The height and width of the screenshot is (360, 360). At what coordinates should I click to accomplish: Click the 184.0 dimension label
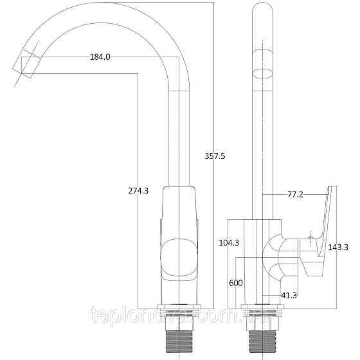click(x=100, y=57)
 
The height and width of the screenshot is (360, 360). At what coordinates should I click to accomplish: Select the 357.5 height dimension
click(x=215, y=156)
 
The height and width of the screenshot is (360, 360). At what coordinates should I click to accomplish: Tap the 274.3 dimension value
click(x=138, y=190)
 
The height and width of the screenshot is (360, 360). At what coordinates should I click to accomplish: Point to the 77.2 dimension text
click(x=295, y=194)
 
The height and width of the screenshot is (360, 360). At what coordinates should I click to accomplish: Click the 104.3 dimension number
click(x=229, y=242)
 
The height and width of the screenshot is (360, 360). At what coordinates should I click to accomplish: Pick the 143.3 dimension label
click(x=338, y=247)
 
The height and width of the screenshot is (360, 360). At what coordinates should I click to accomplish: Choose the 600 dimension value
click(x=236, y=283)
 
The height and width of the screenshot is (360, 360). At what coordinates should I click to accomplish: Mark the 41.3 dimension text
click(x=289, y=295)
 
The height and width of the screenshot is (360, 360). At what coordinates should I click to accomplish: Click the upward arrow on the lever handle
click(x=311, y=242)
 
